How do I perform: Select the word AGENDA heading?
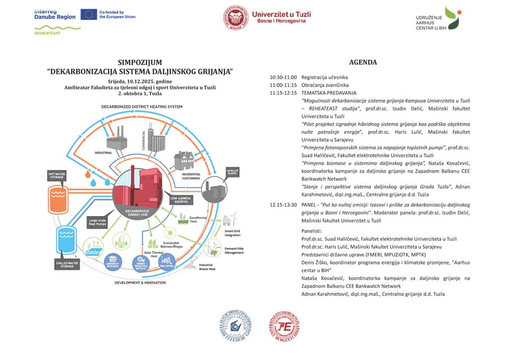(x=363, y=63)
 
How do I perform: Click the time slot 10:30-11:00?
(x=283, y=77)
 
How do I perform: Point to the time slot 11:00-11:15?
(x=283, y=85)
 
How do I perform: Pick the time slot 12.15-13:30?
(x=283, y=205)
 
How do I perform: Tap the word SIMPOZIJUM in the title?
(x=139, y=63)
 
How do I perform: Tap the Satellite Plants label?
(x=233, y=171)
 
